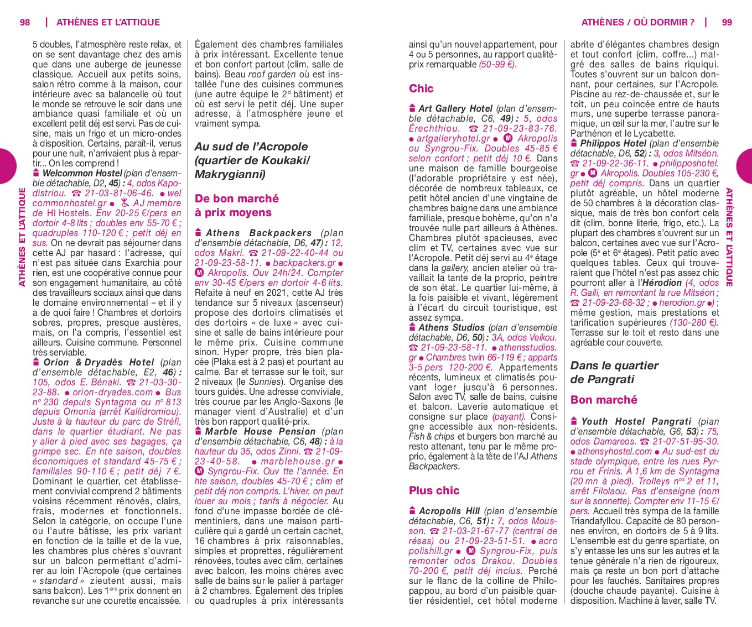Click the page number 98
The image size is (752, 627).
click(x=25, y=22)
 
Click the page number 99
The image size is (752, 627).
click(x=727, y=22)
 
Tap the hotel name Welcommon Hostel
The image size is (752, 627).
click(x=82, y=173)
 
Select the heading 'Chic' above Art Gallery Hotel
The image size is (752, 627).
click(x=421, y=88)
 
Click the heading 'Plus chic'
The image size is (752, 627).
click(x=434, y=490)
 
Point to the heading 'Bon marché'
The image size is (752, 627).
click(x=604, y=400)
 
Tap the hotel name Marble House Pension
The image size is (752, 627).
click(x=260, y=431)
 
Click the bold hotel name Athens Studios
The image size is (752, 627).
click(x=451, y=327)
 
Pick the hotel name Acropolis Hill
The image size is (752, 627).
click(x=449, y=511)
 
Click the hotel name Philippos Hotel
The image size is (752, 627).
click(x=613, y=143)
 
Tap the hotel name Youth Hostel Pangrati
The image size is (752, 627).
click(x=636, y=421)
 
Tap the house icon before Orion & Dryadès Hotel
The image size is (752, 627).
click(x=36, y=362)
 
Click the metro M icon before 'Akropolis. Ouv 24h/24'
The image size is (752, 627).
click(x=199, y=273)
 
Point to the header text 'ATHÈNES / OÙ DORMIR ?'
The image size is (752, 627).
click(x=637, y=22)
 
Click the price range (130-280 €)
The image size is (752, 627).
click(x=694, y=322)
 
